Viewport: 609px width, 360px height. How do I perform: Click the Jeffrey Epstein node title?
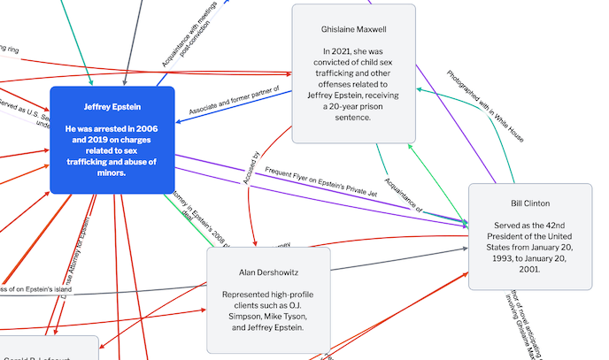pyautogui.click(x=112, y=107)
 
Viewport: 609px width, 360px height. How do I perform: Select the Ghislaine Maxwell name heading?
pyautogui.click(x=353, y=29)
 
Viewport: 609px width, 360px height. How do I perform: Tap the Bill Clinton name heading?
pyautogui.click(x=529, y=203)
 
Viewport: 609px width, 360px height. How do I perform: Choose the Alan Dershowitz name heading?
pyautogui.click(x=267, y=272)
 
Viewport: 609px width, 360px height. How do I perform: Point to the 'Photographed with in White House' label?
pyautogui.click(x=485, y=106)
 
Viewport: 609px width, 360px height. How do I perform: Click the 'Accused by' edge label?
pyautogui.click(x=251, y=167)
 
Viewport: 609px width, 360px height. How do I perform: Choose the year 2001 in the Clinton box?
pyautogui.click(x=529, y=269)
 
